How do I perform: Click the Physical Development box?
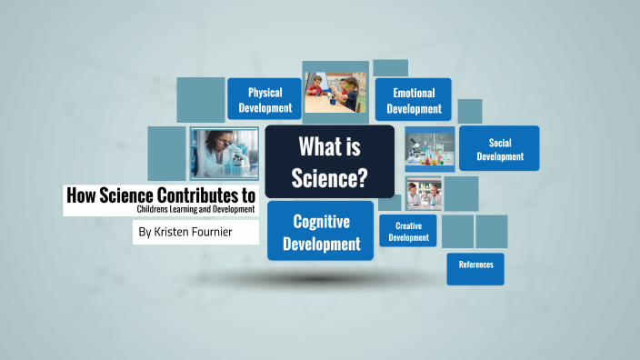coord(265,100)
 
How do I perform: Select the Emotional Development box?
coord(414,100)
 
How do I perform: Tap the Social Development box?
coord(499,148)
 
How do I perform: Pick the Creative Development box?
coord(408,231)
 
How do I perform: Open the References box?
coord(475,265)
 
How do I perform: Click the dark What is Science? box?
coord(329,161)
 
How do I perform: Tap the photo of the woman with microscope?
coord(225,153)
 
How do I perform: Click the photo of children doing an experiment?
coord(335,93)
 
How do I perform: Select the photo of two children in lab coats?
coord(424,194)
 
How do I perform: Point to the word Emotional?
coord(414,92)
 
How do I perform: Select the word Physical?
coord(265,92)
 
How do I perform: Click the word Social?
coord(500,142)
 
